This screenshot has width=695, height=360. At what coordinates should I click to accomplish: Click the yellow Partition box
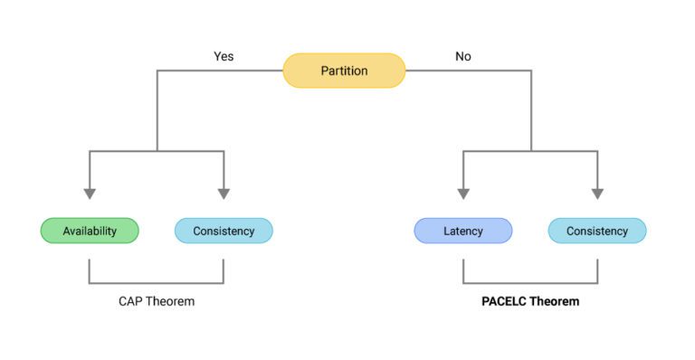tap(344, 71)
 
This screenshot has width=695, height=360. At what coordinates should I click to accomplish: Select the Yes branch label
tap(224, 56)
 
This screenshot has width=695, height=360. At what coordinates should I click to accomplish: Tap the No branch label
tap(463, 56)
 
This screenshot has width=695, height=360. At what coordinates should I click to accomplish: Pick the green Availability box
tap(90, 231)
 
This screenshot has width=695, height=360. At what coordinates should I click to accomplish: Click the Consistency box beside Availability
tap(224, 231)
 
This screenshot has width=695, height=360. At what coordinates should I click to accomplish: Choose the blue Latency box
tap(463, 231)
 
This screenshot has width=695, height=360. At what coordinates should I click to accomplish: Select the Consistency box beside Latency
tap(597, 231)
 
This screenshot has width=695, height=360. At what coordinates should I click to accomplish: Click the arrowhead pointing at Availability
tap(90, 193)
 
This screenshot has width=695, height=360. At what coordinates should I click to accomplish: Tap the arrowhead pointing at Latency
tap(463, 193)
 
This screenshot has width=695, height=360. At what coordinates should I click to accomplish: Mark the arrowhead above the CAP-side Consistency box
tap(224, 193)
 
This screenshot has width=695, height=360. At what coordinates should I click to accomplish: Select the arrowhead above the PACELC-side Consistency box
tap(597, 193)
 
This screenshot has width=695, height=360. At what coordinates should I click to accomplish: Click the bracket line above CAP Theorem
tap(157, 283)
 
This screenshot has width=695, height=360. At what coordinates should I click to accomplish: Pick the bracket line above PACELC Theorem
tap(530, 283)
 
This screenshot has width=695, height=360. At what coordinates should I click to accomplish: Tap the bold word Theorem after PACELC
tap(557, 301)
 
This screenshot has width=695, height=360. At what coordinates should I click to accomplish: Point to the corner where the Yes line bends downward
tap(157, 71)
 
